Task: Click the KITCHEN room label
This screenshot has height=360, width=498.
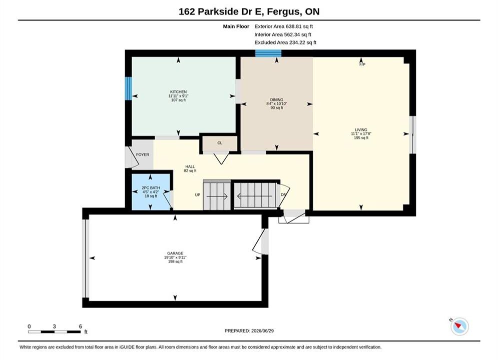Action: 178,91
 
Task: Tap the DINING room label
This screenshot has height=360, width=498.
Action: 277,99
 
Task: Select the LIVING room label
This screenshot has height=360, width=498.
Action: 361,129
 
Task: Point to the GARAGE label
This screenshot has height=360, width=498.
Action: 175,253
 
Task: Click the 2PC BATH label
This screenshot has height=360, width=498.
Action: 151,188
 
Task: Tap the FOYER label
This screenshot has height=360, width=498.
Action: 143,155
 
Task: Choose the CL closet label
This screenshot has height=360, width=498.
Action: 220,143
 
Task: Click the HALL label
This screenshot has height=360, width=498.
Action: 190,166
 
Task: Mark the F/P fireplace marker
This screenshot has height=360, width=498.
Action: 362,64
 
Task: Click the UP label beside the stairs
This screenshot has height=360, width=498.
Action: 198,194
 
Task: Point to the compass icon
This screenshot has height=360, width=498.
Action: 459,326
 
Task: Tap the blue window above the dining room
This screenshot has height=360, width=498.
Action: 268,53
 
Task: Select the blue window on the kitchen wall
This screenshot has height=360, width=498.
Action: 128,89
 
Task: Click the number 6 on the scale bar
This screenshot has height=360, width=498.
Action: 81,326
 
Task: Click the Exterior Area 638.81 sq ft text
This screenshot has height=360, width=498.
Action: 284,26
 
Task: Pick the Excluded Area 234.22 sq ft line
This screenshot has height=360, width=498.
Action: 285,42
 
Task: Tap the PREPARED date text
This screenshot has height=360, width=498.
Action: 249,331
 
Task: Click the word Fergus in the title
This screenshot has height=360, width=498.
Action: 284,11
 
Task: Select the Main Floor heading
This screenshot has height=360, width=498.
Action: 236,26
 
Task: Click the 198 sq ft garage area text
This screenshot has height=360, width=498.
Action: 175,261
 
